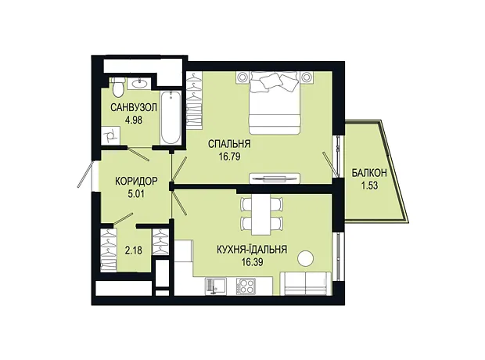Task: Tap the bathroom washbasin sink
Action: pyautogui.click(x=139, y=82)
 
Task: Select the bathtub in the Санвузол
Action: pyautogui.click(x=171, y=117)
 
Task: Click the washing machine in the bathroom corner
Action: pyautogui.click(x=110, y=135)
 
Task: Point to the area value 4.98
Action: pyautogui.click(x=134, y=120)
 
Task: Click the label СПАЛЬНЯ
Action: pyautogui.click(x=229, y=144)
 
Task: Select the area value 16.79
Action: pyautogui.click(x=229, y=157)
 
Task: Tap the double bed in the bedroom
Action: pyautogui.click(x=275, y=103)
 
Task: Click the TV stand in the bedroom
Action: pyautogui.click(x=274, y=178)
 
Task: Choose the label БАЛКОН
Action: pyautogui.click(x=369, y=173)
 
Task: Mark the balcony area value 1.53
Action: pyautogui.click(x=369, y=185)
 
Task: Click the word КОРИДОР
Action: pyautogui.click(x=136, y=181)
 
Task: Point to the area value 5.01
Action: pyautogui.click(x=136, y=194)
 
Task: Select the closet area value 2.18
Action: pyautogui.click(x=134, y=250)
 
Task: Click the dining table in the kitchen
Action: pyautogui.click(x=261, y=214)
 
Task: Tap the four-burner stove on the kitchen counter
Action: pyautogui.click(x=246, y=286)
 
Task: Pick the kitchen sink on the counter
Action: pyautogui.click(x=216, y=286)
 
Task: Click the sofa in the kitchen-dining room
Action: pyautogui.click(x=306, y=283)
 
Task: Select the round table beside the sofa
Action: pyautogui.click(x=306, y=257)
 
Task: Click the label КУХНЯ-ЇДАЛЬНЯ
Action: pyautogui.click(x=252, y=249)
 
